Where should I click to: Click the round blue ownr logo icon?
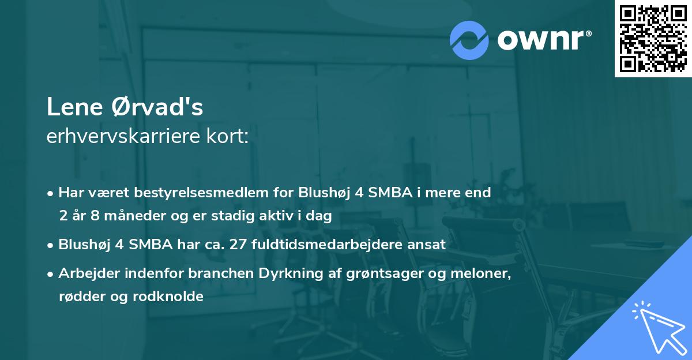(469, 39)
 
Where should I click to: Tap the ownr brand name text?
(543, 39)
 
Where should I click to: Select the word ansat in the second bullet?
(427, 244)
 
